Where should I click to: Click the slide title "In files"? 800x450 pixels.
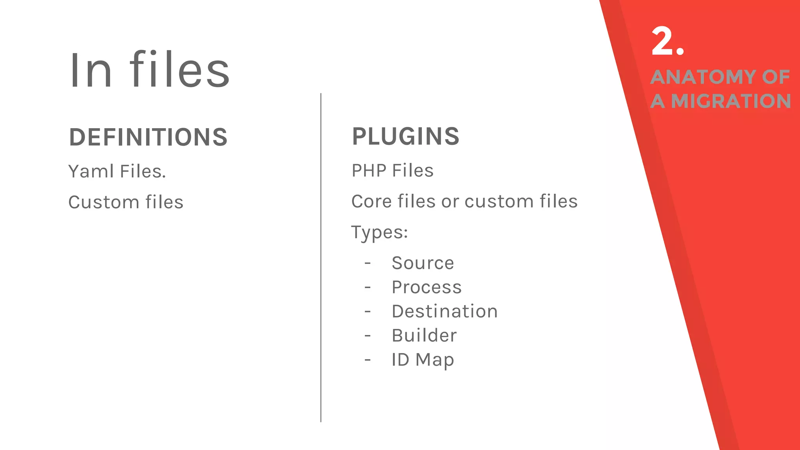coord(149,70)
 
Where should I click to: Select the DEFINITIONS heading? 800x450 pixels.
coord(148,137)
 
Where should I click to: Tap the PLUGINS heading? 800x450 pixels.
coord(405,136)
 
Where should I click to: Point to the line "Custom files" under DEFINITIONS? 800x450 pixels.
coord(126,202)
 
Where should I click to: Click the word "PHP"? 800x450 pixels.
coord(369,170)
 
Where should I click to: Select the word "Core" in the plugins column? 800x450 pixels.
coord(371,202)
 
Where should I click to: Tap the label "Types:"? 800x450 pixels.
coord(379,232)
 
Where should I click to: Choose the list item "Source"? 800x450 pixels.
coord(423,263)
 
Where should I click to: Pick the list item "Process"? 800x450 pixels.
coord(427,287)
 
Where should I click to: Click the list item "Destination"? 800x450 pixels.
coord(445,311)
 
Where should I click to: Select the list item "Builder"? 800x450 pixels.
coord(424,336)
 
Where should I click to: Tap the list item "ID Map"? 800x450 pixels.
coord(423,360)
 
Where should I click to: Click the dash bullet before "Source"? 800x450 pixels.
coord(368,263)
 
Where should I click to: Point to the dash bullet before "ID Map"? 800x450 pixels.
coord(368,360)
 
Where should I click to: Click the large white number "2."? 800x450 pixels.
coord(668,41)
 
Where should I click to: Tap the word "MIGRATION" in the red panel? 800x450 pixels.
coord(731,101)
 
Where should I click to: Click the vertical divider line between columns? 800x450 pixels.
coord(321,258)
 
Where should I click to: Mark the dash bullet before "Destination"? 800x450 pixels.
coord(368,312)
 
